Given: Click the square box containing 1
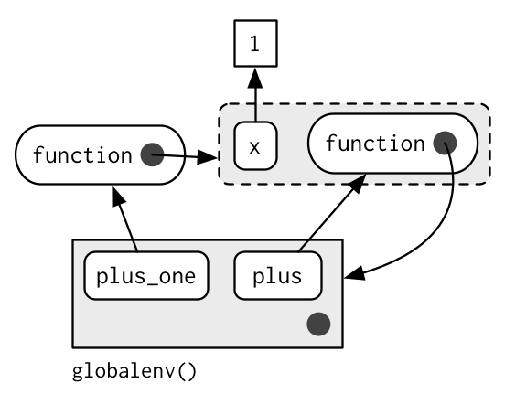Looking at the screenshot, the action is point(256,44).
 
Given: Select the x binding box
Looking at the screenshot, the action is point(256,145).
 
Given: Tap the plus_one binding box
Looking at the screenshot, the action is point(146,276).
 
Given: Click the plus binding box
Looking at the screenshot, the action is point(278,276).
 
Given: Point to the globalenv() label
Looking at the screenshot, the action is point(134,372).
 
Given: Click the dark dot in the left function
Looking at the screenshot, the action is point(153,154).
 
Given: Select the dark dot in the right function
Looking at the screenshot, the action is point(446,143).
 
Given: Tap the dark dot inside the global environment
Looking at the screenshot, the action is point(318,324).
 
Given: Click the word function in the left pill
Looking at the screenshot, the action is point(82,155).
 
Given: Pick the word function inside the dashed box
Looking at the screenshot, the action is point(375,144).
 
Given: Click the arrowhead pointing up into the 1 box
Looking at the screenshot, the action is point(255,78).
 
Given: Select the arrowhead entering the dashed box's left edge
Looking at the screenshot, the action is point(207,157).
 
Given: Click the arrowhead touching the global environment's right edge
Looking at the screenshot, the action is point(354,274).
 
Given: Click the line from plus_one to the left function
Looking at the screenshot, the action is point(124,218).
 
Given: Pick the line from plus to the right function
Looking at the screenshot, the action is point(332,213).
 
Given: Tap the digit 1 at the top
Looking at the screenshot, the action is point(254,44).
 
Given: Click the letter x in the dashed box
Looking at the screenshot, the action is point(254,148).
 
